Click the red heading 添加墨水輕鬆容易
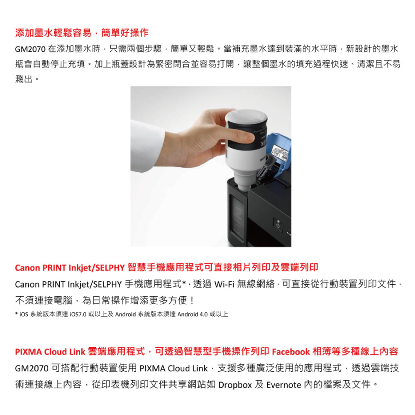[x=53, y=33]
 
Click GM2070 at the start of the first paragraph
[x=30, y=49]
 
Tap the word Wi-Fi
[x=224, y=284]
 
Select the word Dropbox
[x=235, y=385]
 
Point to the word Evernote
[x=283, y=385]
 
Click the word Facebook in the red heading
[x=290, y=352]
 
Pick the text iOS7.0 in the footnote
[x=78, y=315]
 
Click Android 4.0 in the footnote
[x=193, y=315]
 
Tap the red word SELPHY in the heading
[x=110, y=268]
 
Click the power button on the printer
[x=278, y=226]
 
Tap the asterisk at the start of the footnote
[x=17, y=314]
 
